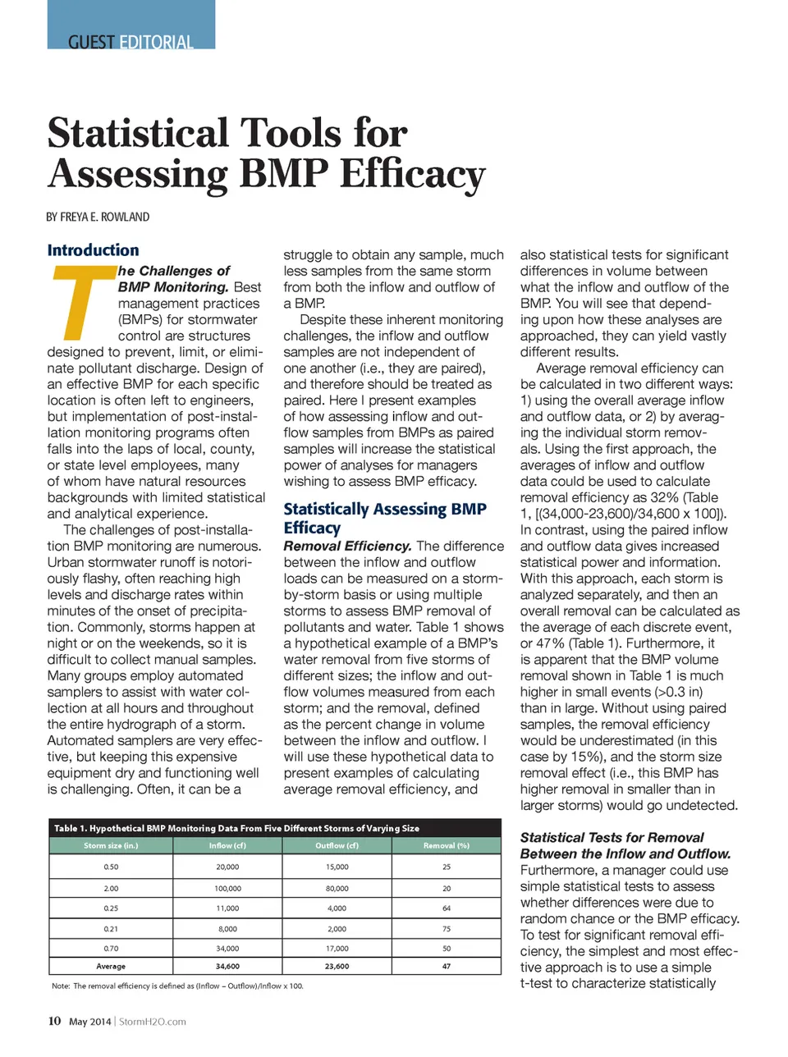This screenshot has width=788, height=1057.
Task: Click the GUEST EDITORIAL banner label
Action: (131, 42)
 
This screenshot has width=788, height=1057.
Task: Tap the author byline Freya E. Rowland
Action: (98, 217)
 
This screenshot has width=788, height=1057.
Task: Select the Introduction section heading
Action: (93, 250)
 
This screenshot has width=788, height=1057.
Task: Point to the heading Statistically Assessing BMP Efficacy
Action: (384, 518)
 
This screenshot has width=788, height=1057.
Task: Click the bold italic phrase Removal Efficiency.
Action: (347, 546)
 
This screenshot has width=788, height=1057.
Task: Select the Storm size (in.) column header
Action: (111, 845)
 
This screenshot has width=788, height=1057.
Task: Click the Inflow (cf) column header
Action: (227, 845)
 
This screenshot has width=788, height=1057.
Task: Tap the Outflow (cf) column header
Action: (337, 845)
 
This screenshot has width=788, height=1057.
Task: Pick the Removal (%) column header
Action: (446, 845)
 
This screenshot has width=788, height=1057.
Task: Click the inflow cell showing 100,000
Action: (227, 888)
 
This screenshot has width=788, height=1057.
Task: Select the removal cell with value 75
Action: (446, 929)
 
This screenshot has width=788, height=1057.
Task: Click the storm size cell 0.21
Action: (111, 929)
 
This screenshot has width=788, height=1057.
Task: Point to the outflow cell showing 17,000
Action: (337, 948)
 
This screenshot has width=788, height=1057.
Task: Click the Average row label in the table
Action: (111, 967)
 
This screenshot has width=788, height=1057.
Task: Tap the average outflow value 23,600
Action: (337, 967)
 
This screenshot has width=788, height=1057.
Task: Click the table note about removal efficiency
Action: (177, 986)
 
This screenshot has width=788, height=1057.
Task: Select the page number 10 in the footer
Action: (54, 1021)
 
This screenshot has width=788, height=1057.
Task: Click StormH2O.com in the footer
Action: (153, 1022)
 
